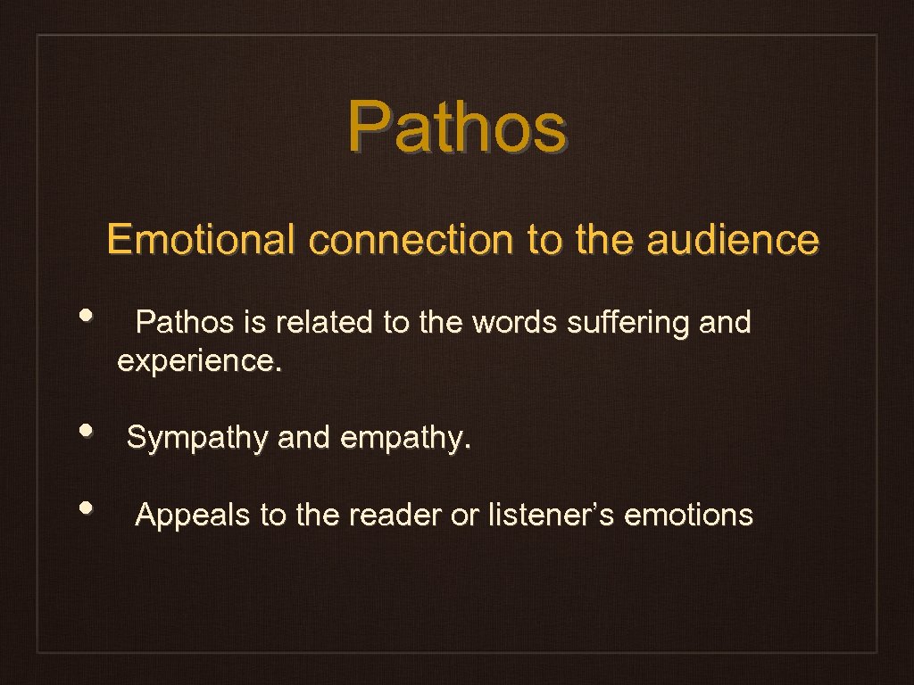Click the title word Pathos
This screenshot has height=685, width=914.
point(456,127)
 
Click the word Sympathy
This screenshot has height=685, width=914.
point(198,438)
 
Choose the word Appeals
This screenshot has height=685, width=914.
point(193,515)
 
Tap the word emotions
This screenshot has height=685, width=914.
point(688,515)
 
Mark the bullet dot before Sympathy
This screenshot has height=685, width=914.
point(86,430)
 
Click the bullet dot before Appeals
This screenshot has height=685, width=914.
point(86,507)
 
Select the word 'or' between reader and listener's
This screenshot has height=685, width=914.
point(465,515)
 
